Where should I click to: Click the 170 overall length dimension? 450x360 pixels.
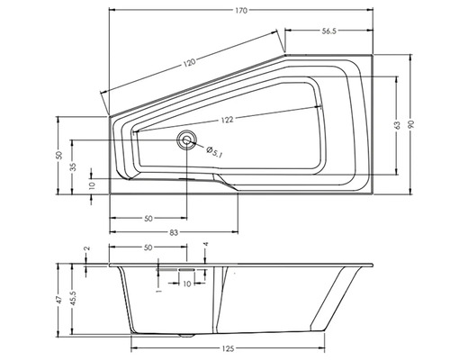241,11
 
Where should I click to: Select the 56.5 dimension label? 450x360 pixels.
329,31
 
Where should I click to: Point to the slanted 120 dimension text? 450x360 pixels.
189,62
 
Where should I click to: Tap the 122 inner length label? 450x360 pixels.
227,120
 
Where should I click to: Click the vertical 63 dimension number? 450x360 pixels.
397,125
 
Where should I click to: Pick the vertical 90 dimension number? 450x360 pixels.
410,124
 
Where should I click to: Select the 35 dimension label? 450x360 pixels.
73,166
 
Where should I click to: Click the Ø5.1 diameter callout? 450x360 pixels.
214,152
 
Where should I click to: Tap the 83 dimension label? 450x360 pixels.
174,232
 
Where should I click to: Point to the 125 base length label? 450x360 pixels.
228,348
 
